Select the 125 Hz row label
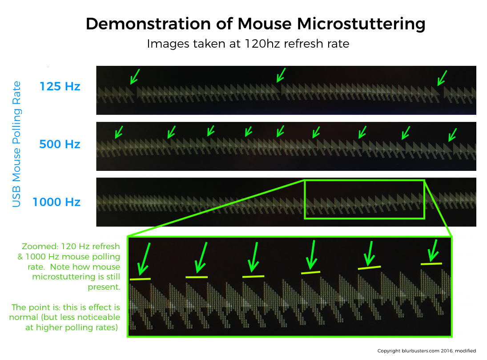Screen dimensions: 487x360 pos(60,86)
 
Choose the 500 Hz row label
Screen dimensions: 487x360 pos(60,144)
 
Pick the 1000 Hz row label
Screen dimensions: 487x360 pos(56,202)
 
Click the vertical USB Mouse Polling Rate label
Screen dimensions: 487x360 pos(16,144)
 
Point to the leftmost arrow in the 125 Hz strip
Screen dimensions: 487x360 pos(135,77)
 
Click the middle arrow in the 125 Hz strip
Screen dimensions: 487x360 pos(281,75)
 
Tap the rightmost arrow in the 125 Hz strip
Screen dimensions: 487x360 pos(442,78)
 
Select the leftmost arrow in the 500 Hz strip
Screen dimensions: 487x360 pos(119,132)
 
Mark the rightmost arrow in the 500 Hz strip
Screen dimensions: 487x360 pos(452,135)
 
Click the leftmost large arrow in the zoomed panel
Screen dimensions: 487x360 pos(144,259)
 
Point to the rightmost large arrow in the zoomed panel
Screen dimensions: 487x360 pos(433,251)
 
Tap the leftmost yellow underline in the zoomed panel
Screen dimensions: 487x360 pos(140,279)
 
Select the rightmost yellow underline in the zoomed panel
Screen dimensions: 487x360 pos(431,264)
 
